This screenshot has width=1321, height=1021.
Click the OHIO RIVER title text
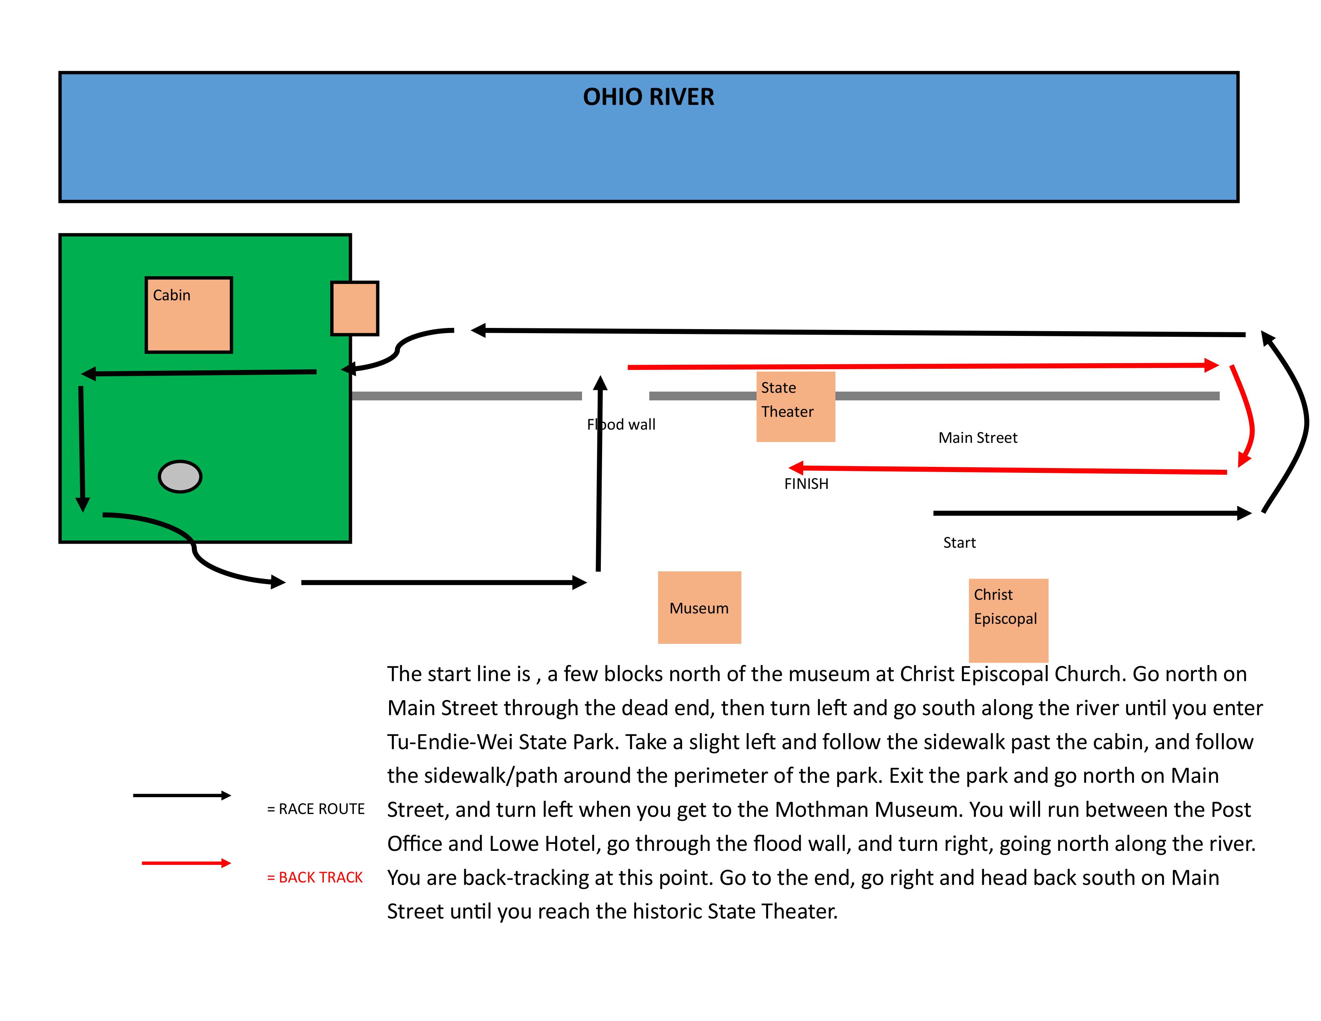point(648,97)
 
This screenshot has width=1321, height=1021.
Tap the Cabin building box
point(189,315)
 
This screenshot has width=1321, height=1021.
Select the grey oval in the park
point(180,476)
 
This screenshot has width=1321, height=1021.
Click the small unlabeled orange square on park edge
point(354,308)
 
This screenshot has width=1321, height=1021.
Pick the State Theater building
point(795,406)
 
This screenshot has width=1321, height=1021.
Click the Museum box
point(699,607)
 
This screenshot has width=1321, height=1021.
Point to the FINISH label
point(806,484)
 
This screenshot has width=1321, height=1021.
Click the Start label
point(959,543)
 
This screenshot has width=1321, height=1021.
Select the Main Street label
point(978,438)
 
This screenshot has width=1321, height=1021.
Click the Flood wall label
point(621,424)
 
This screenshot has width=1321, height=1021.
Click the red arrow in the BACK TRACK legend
point(186,863)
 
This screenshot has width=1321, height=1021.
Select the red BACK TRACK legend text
point(315,877)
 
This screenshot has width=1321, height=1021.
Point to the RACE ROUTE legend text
point(316,809)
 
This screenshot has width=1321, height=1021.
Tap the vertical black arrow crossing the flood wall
point(599,472)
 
